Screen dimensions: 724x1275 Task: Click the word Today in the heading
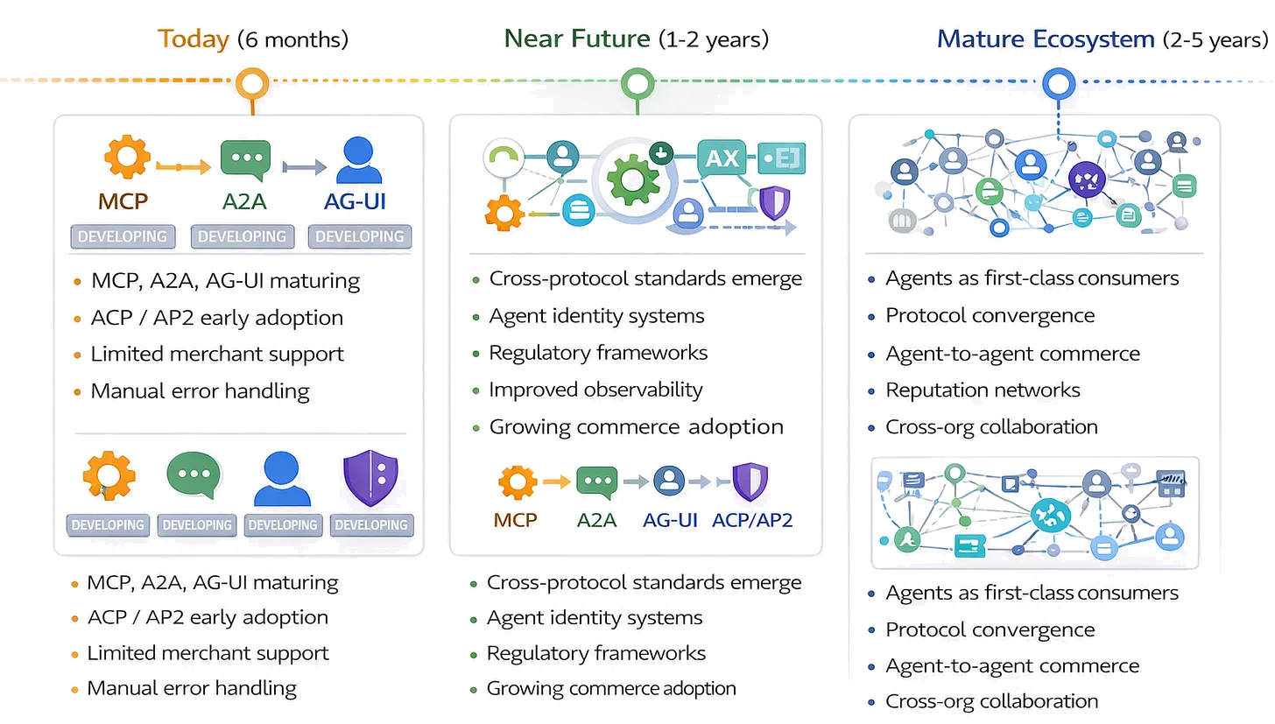tap(194, 39)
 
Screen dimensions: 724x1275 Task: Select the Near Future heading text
tap(577, 39)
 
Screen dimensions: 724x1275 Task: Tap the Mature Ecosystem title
tap(1046, 39)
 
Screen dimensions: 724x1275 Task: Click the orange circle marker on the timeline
tap(252, 84)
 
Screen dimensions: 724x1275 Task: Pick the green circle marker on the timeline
tap(637, 84)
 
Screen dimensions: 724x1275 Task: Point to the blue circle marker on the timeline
tap(1058, 84)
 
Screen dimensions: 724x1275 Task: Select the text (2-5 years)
tap(1215, 39)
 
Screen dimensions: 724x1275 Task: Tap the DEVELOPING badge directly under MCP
tap(123, 236)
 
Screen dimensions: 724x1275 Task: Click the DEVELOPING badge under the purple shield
tap(371, 524)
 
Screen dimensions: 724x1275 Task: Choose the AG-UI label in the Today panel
tap(355, 201)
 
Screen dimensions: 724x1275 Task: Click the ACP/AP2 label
tap(752, 519)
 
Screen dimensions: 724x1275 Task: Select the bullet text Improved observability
tap(595, 390)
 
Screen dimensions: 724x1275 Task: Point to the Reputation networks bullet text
tap(983, 390)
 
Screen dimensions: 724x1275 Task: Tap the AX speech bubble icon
tap(722, 159)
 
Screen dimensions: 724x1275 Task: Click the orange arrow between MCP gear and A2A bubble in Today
tap(183, 165)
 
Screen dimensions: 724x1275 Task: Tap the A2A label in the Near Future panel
tap(596, 519)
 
